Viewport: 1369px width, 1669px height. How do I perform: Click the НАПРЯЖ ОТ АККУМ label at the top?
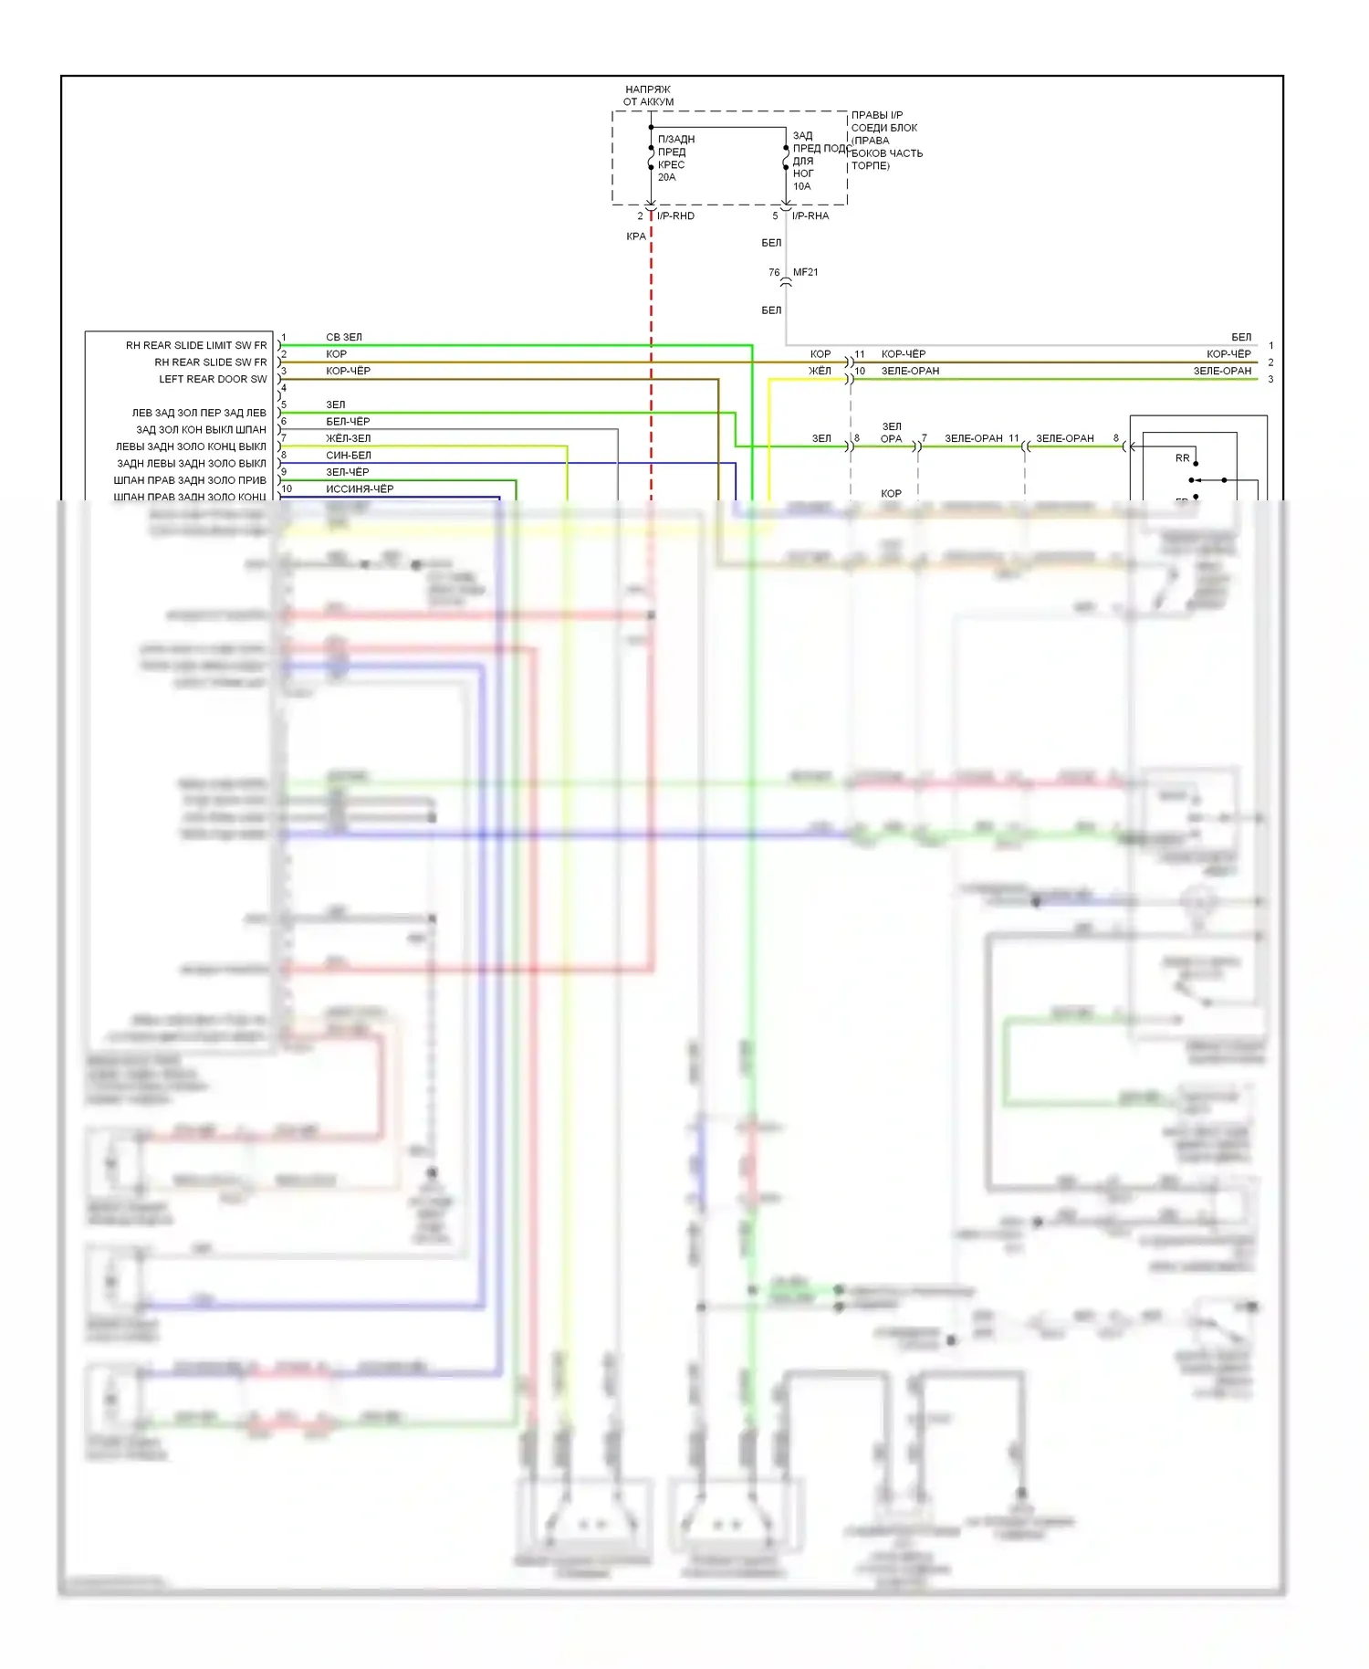648,96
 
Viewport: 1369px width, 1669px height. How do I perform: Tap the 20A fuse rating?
667,177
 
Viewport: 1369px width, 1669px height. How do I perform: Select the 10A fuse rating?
801,186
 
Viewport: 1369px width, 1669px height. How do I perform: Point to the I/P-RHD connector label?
675,216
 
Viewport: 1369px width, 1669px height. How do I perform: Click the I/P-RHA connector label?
810,216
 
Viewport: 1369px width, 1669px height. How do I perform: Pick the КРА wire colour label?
636,236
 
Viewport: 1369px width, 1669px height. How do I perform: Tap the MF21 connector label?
806,272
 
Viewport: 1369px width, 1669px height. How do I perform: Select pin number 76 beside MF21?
774,272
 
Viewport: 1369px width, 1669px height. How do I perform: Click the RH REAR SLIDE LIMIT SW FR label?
196,345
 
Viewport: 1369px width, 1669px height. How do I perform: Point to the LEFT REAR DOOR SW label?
213,379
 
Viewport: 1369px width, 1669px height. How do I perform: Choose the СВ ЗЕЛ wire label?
344,337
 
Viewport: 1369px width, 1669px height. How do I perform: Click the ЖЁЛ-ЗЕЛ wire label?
349,438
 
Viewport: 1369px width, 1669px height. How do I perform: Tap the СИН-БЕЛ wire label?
349,455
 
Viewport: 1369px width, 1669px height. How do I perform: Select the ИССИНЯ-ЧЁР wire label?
360,488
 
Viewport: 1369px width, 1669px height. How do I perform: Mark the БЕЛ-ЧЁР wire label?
348,421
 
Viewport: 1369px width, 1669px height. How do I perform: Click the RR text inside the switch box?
1182,458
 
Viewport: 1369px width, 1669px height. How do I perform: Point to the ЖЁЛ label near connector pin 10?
820,371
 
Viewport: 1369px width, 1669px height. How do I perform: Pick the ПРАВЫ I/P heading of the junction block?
877,115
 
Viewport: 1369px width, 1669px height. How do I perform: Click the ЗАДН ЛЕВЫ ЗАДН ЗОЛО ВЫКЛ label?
192,463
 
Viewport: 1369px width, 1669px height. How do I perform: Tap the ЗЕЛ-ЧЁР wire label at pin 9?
348,472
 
